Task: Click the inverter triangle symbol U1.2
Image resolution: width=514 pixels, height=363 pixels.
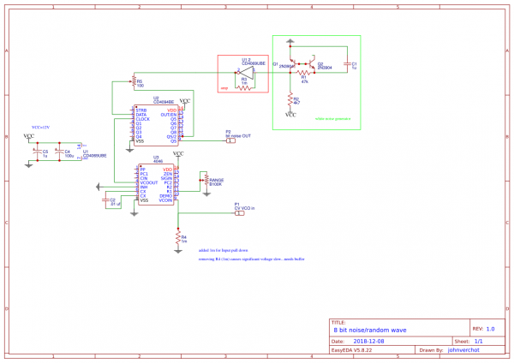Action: tap(245, 73)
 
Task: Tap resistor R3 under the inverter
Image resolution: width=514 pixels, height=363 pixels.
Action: tap(245, 84)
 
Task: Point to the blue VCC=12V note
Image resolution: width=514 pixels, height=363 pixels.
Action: tap(43, 127)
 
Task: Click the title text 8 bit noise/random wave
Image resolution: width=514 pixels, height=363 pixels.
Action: tap(369, 329)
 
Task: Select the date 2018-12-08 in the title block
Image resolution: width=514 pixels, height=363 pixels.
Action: tap(368, 340)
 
